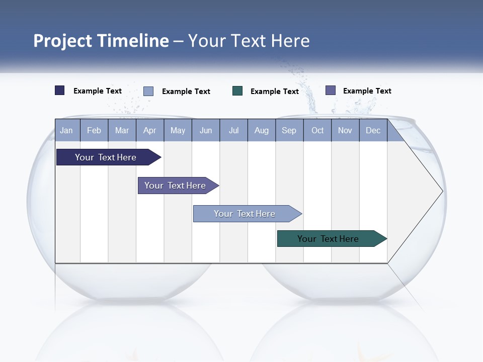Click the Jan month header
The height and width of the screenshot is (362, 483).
[66, 130]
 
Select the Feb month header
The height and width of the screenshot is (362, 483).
[94, 130]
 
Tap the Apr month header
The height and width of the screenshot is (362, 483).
[149, 130]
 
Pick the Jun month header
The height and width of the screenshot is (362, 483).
[206, 130]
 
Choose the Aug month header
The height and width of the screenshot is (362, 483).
[261, 130]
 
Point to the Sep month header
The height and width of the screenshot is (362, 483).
[289, 130]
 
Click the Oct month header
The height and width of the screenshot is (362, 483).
[317, 130]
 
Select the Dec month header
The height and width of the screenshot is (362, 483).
[373, 130]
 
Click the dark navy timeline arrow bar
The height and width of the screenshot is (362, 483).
[106, 157]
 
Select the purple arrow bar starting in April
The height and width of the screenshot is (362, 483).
[175, 186]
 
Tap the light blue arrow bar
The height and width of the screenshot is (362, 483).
[245, 214]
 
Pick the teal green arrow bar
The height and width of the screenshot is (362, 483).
[328, 239]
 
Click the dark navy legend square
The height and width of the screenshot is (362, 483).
[60, 90]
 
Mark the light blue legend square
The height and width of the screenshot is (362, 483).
[148, 91]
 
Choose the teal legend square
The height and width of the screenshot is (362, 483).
[237, 90]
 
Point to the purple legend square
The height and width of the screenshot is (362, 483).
[331, 90]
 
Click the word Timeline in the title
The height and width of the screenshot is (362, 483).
[132, 41]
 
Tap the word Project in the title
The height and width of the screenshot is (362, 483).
[62, 41]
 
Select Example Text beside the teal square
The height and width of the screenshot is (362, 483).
[275, 91]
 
